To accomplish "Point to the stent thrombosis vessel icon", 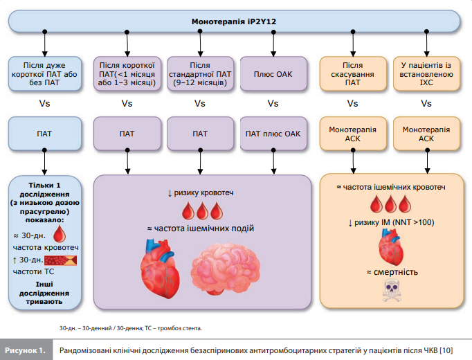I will click(x=61, y=261).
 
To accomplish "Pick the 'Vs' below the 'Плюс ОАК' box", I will click(x=272, y=104).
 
